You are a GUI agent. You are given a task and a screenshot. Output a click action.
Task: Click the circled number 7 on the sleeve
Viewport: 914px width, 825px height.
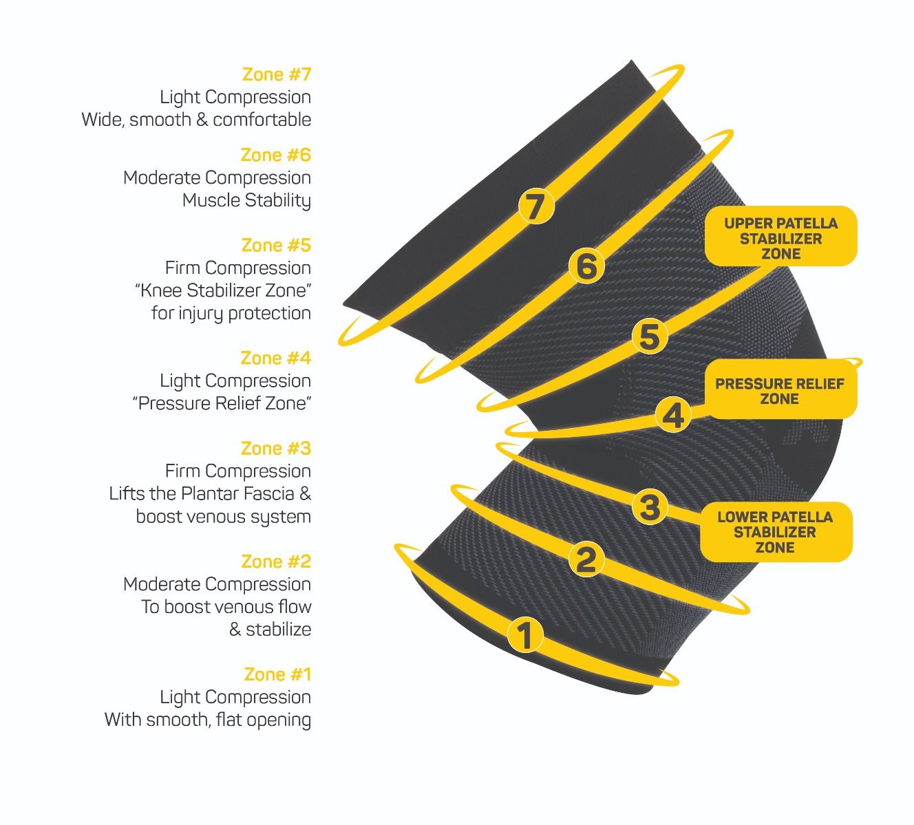tap(536, 206)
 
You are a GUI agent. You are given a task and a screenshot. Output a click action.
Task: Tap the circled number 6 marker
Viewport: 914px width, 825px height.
tap(586, 265)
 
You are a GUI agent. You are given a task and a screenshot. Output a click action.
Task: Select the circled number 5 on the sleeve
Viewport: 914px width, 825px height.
tap(650, 337)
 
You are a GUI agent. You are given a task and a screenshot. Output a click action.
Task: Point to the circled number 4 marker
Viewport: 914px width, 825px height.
tap(673, 416)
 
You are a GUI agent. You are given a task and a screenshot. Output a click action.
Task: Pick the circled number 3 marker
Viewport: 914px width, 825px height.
tap(650, 506)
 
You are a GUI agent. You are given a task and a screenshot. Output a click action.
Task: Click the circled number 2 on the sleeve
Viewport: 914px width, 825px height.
tap(586, 559)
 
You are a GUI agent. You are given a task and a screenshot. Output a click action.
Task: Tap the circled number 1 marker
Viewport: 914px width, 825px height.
tap(525, 634)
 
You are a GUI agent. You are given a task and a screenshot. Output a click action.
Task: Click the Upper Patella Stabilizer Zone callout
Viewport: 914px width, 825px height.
tap(781, 236)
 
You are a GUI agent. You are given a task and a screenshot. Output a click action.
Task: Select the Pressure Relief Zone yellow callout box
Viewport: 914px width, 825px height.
tap(780, 389)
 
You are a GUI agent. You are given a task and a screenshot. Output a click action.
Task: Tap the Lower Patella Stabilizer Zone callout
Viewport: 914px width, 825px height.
tap(776, 532)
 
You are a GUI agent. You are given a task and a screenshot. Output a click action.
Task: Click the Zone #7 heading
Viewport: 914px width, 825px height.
tap(277, 74)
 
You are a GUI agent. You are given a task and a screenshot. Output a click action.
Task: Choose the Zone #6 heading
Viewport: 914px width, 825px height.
tap(276, 155)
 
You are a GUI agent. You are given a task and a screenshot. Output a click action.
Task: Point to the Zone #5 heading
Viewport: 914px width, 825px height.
tap(276, 245)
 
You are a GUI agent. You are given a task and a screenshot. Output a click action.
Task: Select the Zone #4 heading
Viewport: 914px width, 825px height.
tap(276, 358)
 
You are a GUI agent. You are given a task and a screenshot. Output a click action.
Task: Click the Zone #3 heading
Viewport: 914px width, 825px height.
tap(276, 448)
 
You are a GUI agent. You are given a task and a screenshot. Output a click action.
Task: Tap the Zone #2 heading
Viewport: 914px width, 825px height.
tap(276, 561)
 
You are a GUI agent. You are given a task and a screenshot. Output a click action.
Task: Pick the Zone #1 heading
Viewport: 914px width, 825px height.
tap(277, 674)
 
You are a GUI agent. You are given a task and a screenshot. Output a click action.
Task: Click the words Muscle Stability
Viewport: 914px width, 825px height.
tap(246, 200)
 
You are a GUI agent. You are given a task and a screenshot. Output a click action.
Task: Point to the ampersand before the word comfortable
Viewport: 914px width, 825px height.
tap(201, 120)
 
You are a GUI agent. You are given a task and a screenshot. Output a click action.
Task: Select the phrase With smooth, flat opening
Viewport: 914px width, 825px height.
tap(208, 720)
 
